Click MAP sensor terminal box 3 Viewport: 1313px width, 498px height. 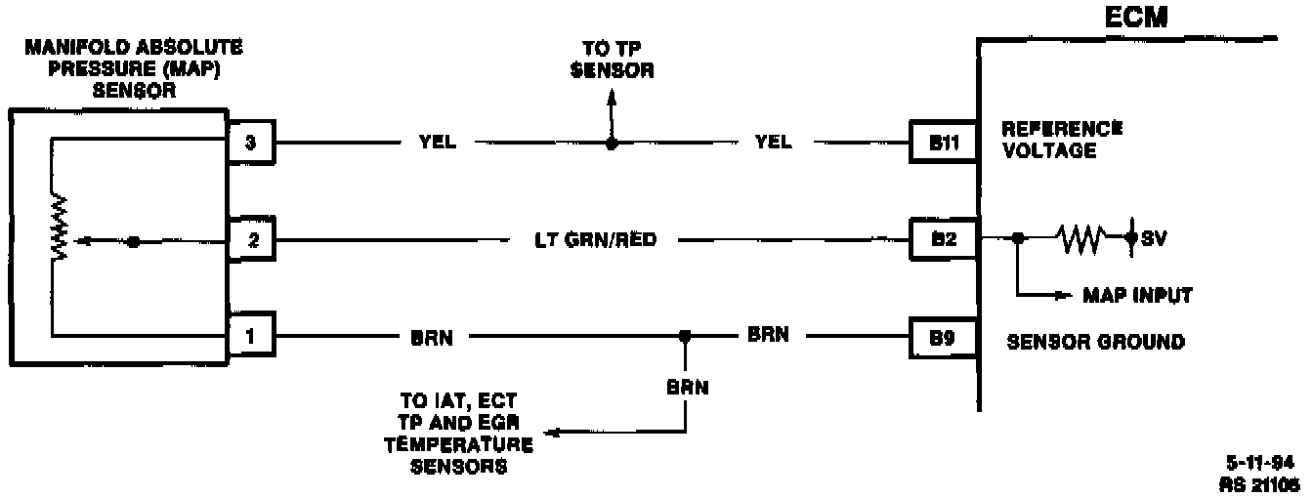(x=253, y=144)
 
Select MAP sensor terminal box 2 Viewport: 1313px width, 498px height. (x=253, y=241)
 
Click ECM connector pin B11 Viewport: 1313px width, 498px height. (x=943, y=144)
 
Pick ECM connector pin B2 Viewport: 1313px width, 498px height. (x=943, y=239)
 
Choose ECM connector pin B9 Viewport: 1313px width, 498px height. (x=943, y=339)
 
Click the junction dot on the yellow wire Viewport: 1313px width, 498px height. (x=612, y=144)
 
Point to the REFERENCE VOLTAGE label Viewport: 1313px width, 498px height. (x=1062, y=140)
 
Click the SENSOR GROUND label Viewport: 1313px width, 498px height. (x=1095, y=342)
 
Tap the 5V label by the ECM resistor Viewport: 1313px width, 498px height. (x=1154, y=239)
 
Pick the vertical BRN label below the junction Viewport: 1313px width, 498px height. (x=688, y=386)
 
